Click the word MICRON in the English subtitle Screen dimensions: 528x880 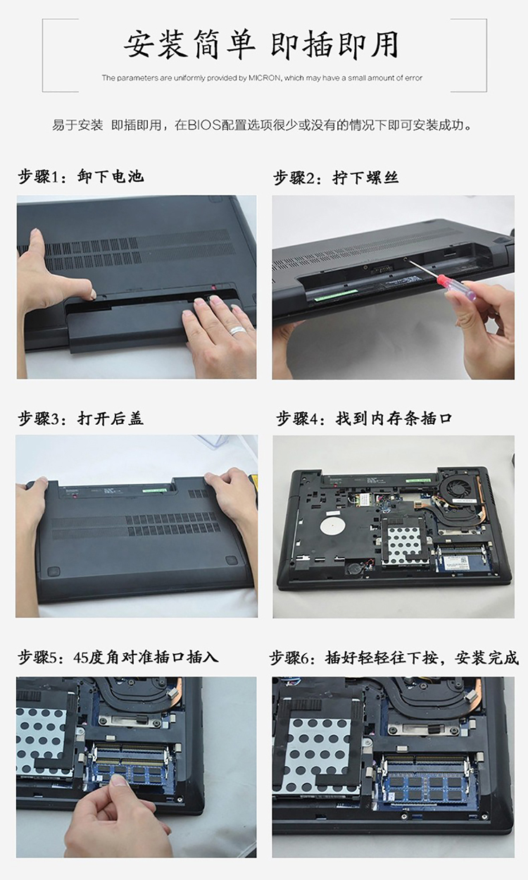(x=264, y=78)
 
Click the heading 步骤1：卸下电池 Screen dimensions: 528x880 (x=81, y=176)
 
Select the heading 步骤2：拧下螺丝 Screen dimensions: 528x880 (x=336, y=178)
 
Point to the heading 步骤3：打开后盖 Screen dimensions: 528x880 (x=81, y=419)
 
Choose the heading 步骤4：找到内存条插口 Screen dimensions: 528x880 (x=364, y=419)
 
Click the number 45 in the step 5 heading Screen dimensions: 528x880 (x=80, y=658)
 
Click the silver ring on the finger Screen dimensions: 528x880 (x=239, y=329)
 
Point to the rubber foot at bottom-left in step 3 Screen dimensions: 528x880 (x=53, y=571)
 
